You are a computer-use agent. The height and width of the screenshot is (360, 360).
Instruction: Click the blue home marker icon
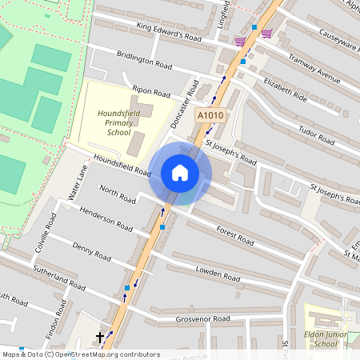click(180, 173)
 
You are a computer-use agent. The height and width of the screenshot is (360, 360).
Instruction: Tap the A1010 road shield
click(210, 117)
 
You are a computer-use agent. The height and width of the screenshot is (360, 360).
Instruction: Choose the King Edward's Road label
click(169, 31)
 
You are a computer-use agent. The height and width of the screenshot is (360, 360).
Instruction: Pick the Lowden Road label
click(218, 273)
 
